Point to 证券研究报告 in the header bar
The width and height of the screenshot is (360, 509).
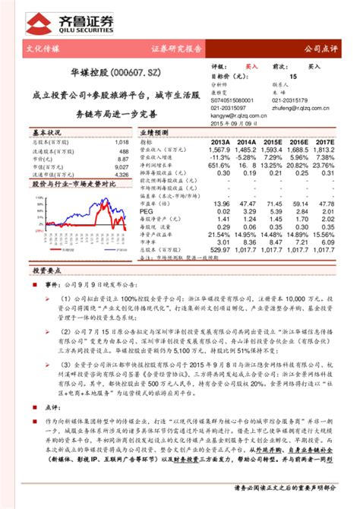176,48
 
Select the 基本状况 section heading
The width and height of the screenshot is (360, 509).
27,131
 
